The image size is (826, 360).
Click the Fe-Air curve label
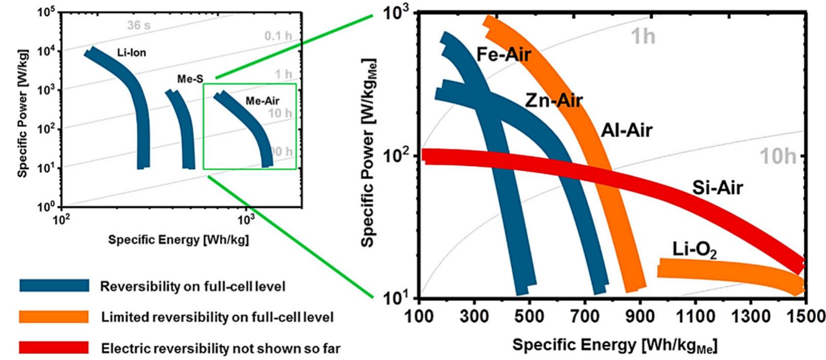504,53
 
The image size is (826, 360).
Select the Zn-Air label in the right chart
553,101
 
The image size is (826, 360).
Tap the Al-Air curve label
626,130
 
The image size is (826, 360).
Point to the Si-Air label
717,188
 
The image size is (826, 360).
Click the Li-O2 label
695,250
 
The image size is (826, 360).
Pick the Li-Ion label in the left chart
131,52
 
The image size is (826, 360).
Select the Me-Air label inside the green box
262,101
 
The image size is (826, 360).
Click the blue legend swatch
54,285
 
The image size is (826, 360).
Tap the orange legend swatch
54,317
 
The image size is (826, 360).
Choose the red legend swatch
54,348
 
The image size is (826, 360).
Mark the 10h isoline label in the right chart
777,157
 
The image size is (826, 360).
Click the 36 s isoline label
138,24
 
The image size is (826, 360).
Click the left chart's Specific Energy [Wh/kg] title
178,240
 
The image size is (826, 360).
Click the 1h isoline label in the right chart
643,37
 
